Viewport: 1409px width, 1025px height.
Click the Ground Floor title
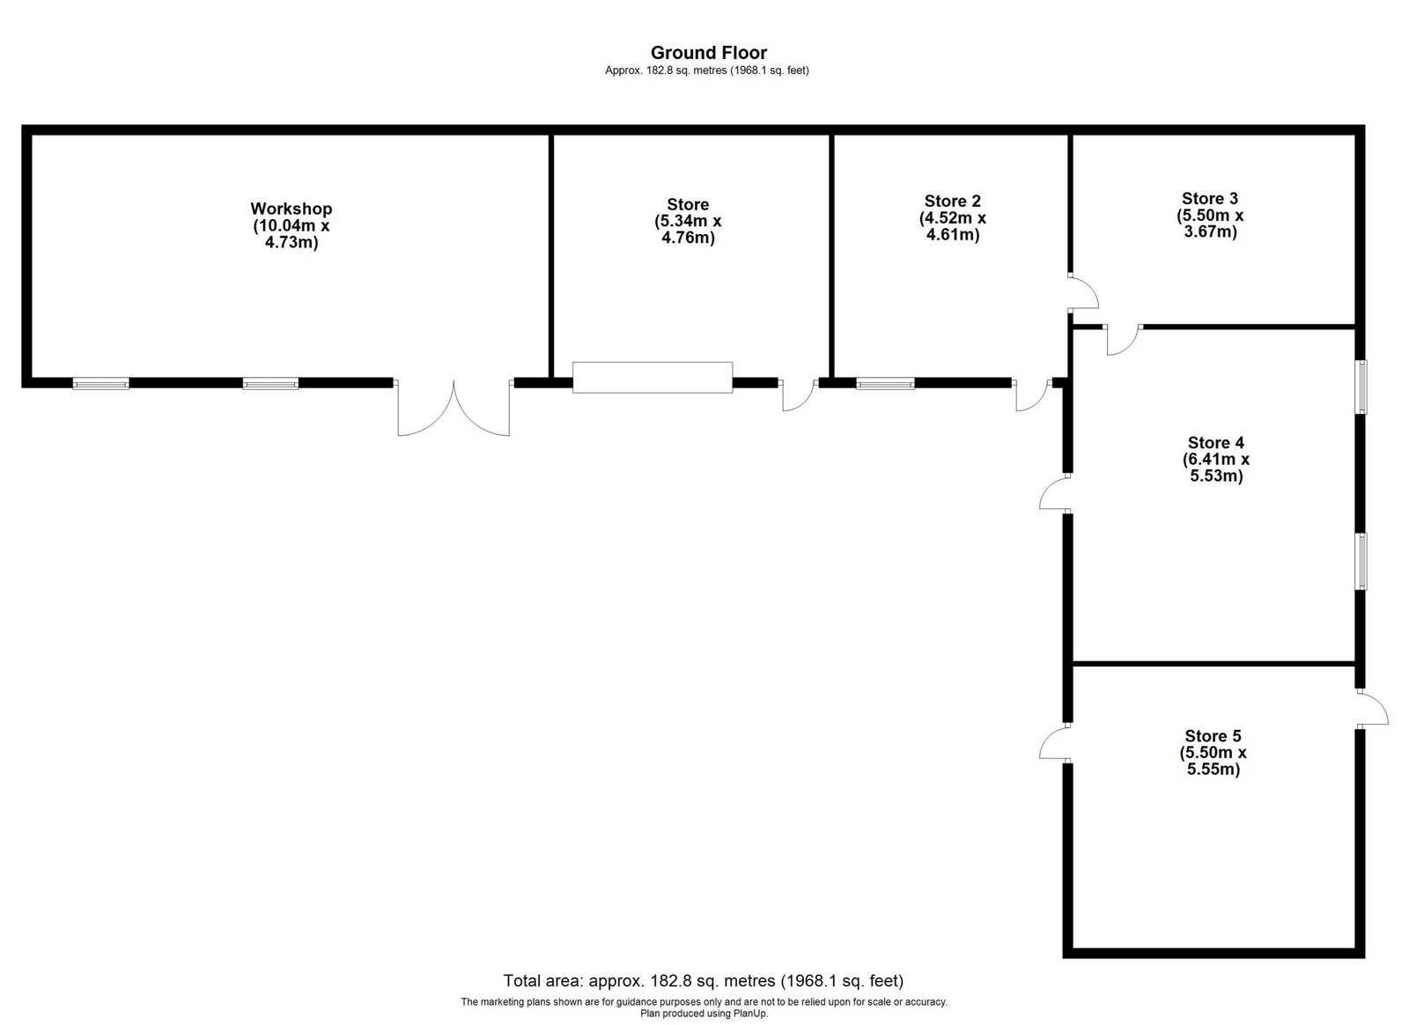coord(708,52)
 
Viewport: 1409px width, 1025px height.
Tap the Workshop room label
coord(291,209)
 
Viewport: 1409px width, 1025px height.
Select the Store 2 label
coord(952,202)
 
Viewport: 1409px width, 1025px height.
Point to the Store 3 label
coord(1210,199)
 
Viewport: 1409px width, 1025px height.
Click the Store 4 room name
coord(1216,443)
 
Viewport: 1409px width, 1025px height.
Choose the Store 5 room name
coord(1213,736)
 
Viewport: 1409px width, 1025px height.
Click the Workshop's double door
coord(454,408)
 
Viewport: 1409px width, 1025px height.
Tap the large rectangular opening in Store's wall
coord(653,377)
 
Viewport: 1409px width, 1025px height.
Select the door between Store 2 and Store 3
coord(1083,292)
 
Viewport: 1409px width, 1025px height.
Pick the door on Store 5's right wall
coord(1372,709)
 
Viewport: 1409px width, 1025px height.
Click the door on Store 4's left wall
coord(1055,493)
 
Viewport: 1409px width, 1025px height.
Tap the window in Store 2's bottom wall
coord(885,384)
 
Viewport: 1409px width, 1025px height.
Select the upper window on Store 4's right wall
coord(1361,387)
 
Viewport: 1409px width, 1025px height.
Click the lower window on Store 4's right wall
coord(1361,562)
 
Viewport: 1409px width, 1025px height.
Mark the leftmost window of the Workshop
coord(100,384)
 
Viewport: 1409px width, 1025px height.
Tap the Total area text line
coord(704,980)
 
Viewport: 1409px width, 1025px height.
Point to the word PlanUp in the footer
coord(749,1014)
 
